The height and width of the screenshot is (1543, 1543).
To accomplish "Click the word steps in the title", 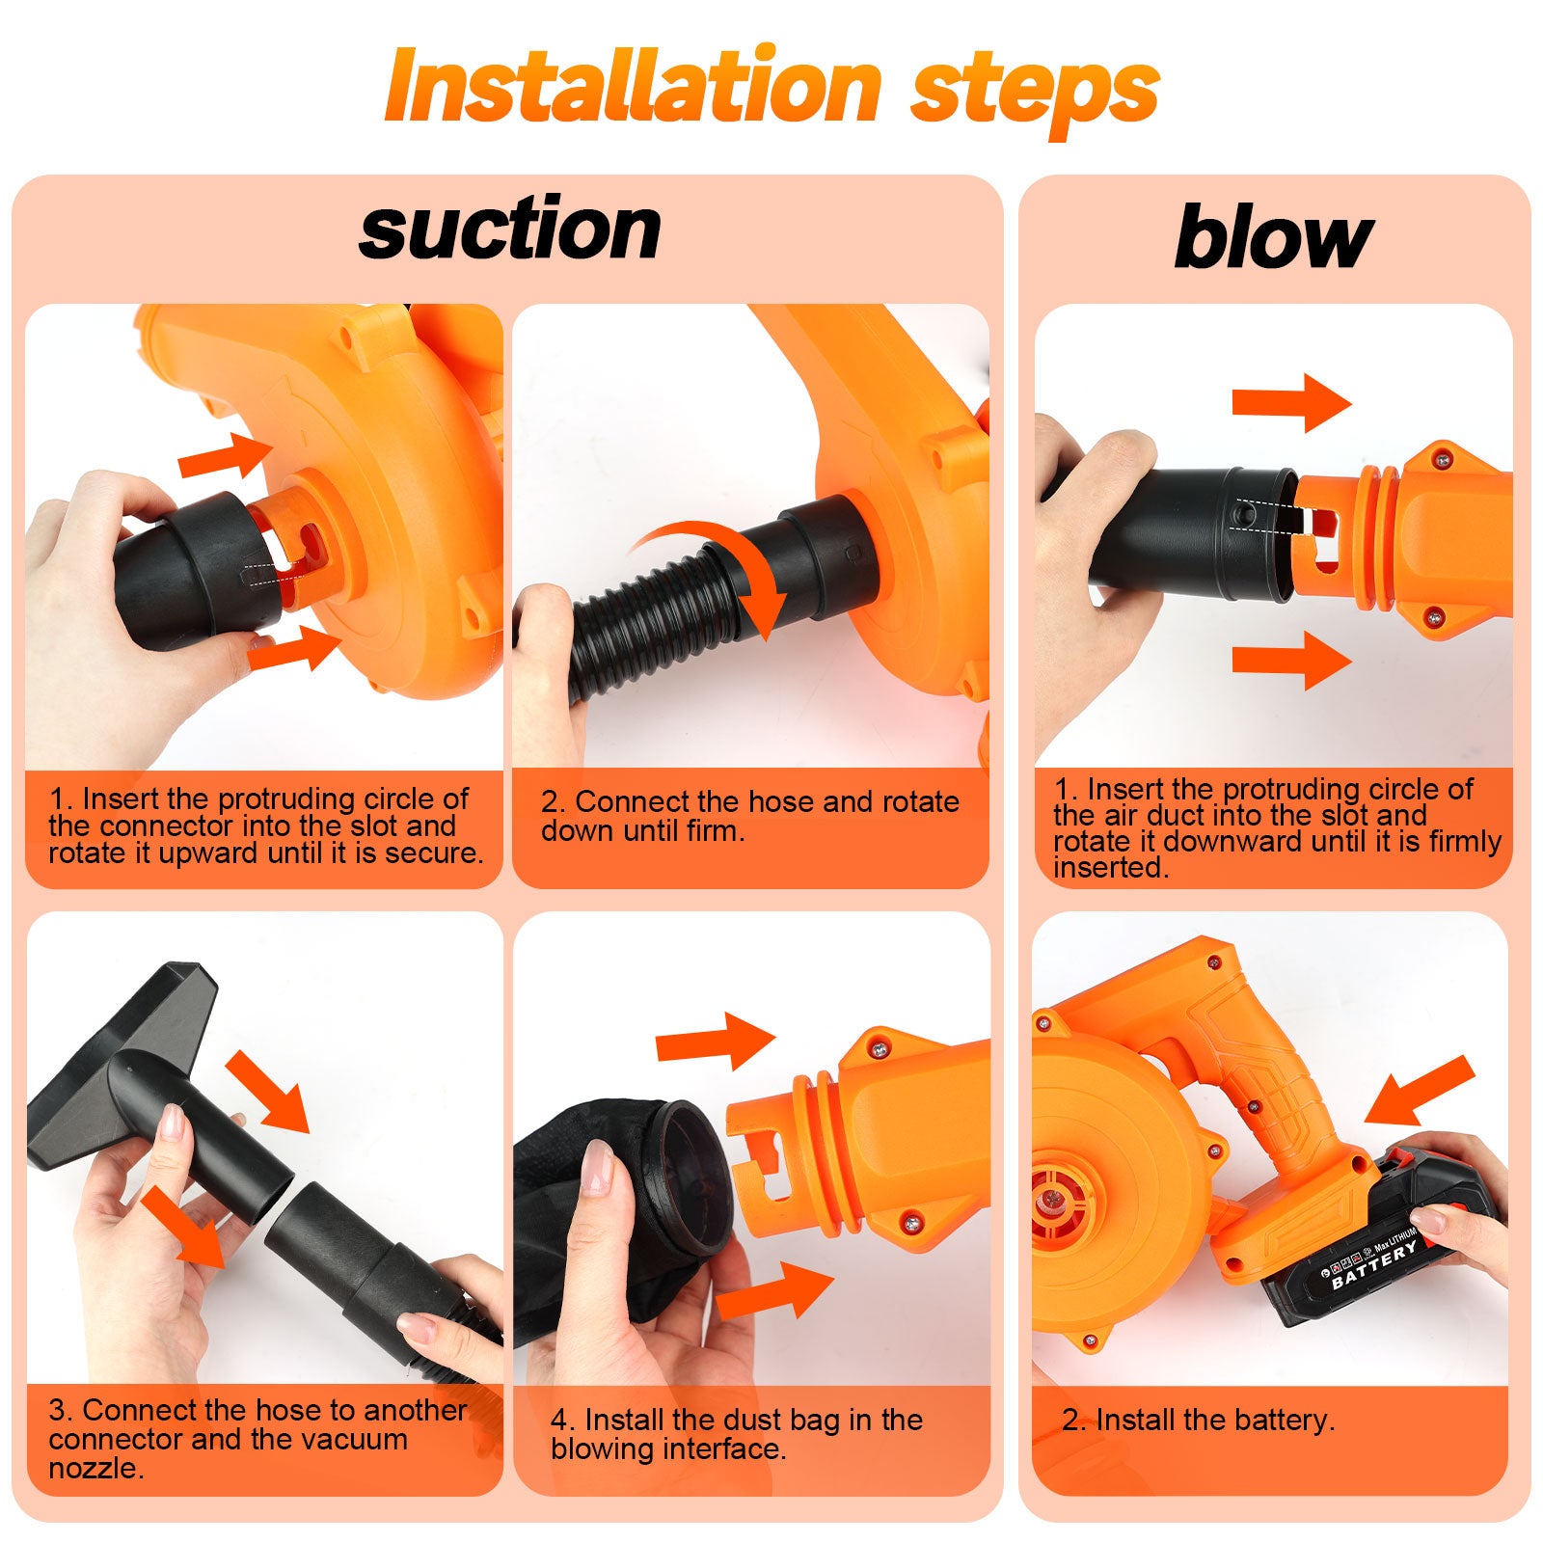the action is click(1035, 93).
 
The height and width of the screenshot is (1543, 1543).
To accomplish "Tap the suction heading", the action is click(510, 230).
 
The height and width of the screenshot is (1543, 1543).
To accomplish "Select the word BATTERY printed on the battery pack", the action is click(1374, 1265).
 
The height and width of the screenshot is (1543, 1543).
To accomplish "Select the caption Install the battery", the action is click(1199, 1421).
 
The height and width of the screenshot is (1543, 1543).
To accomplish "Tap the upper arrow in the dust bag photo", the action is click(716, 1042).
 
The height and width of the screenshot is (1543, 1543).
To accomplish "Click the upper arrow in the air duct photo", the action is click(1292, 402).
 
